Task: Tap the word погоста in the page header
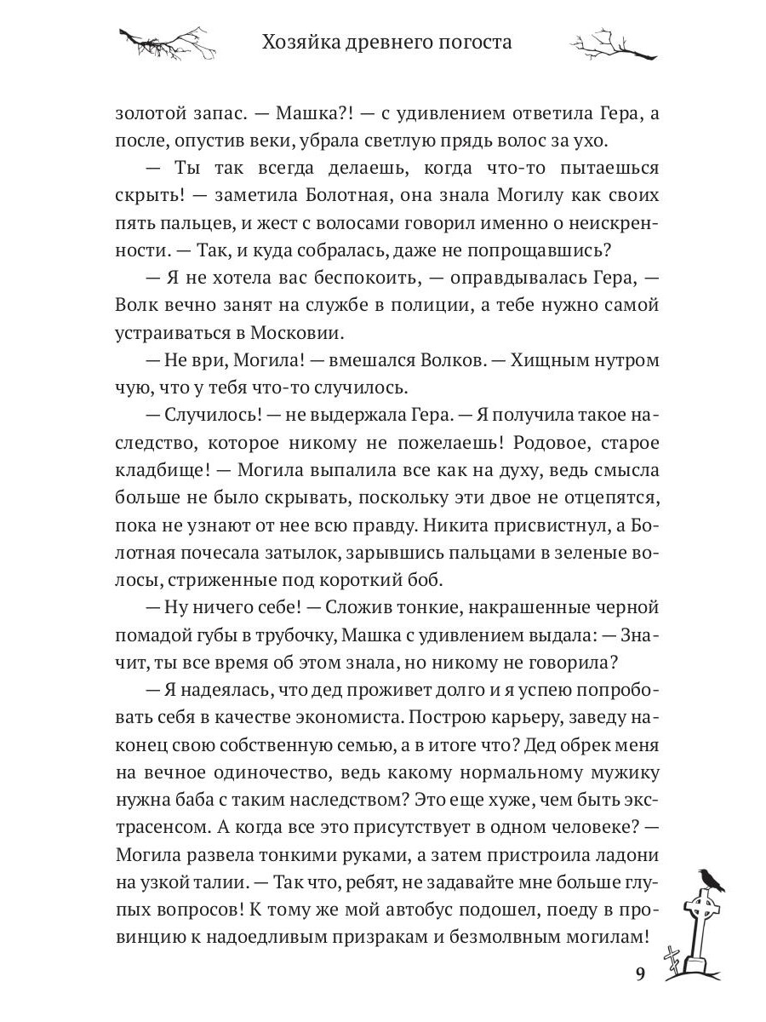472,42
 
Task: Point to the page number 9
641,974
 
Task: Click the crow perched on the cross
709,879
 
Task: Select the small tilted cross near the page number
674,961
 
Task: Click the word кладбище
160,472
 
